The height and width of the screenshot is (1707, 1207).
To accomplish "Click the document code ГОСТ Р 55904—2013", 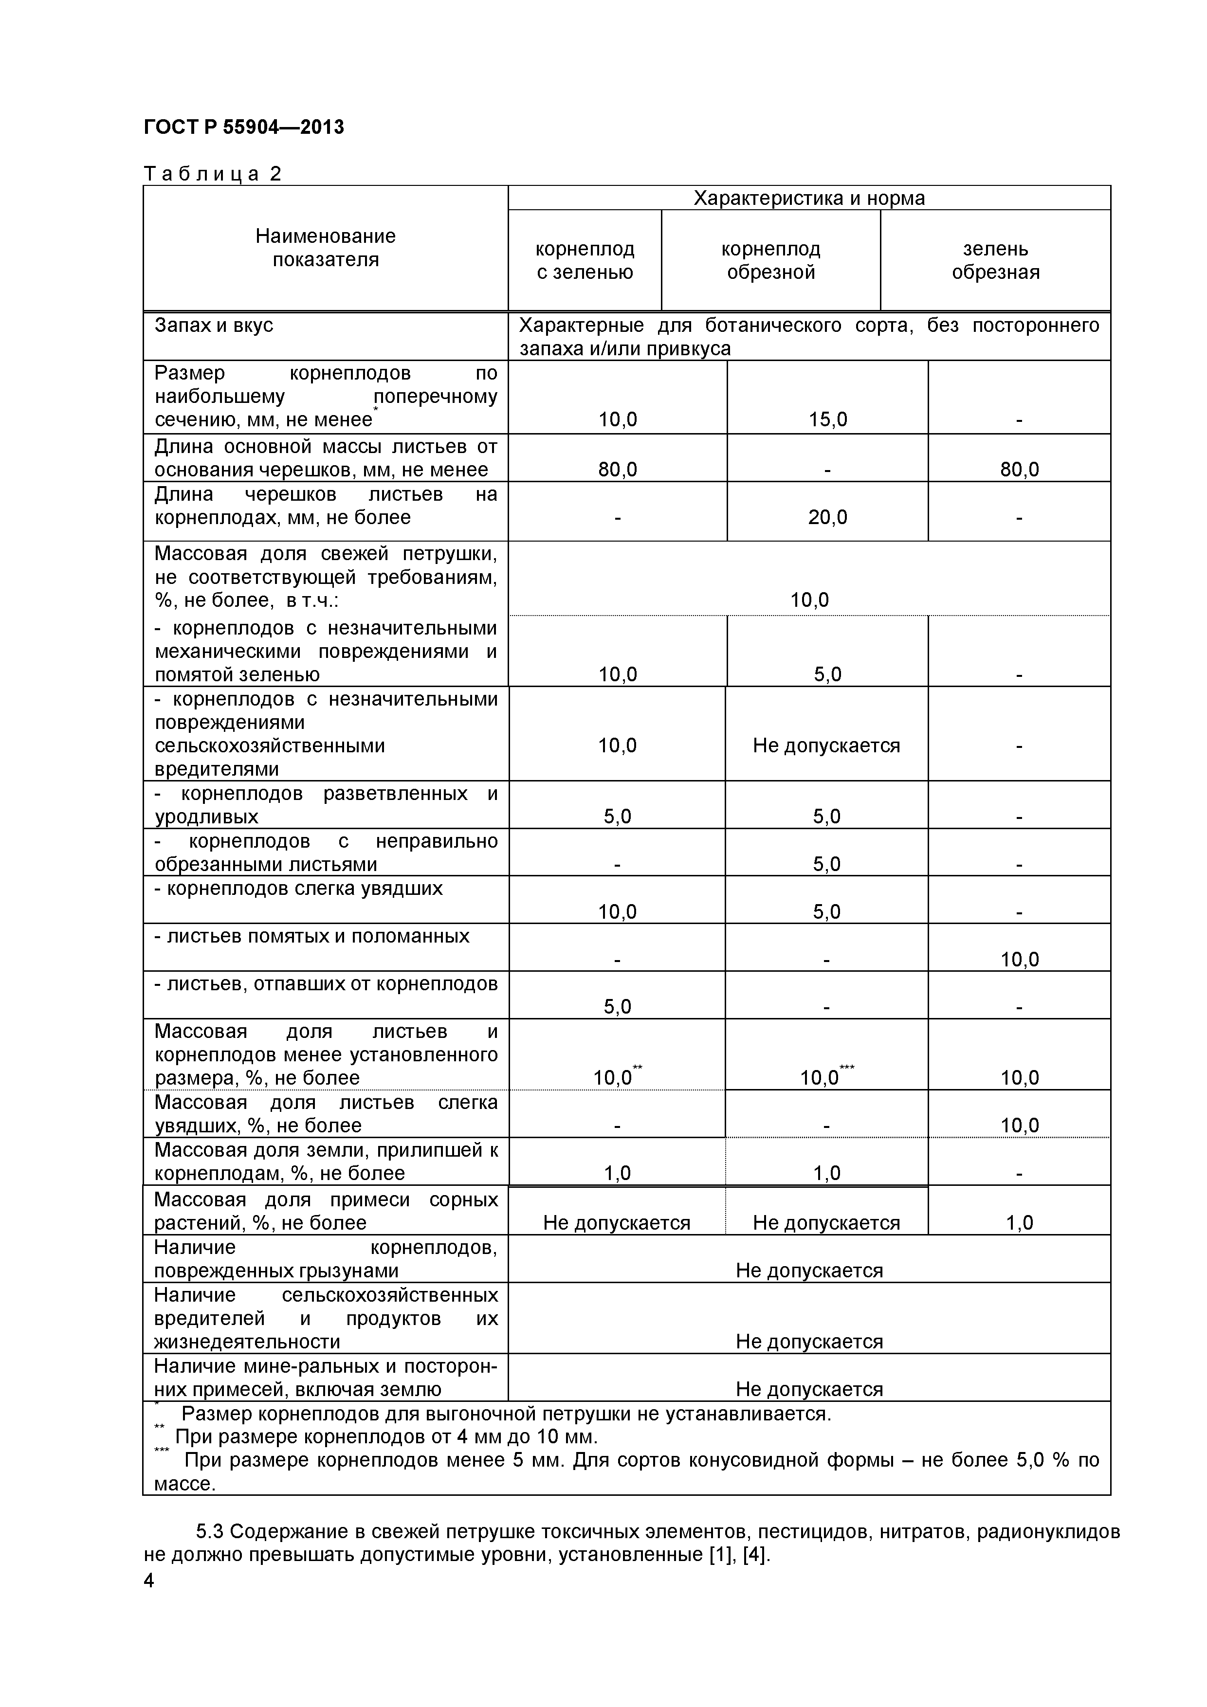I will click(243, 127).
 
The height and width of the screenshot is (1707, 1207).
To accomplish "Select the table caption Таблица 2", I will click(213, 174).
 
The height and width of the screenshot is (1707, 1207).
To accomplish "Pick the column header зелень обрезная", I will click(995, 260).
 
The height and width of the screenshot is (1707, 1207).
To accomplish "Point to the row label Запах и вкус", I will click(214, 326).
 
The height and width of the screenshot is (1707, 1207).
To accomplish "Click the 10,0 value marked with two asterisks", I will click(614, 1077).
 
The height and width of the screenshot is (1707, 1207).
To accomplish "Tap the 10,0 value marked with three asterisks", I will click(821, 1077).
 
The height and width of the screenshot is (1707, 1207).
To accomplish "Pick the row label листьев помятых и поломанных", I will click(312, 936).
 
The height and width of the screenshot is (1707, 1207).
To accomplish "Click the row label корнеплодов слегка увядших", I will click(299, 889).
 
